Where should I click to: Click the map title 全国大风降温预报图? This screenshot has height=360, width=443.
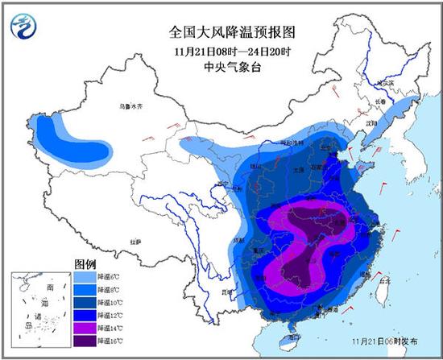coord(221,33)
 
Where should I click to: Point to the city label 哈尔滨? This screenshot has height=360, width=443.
coord(390,83)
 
